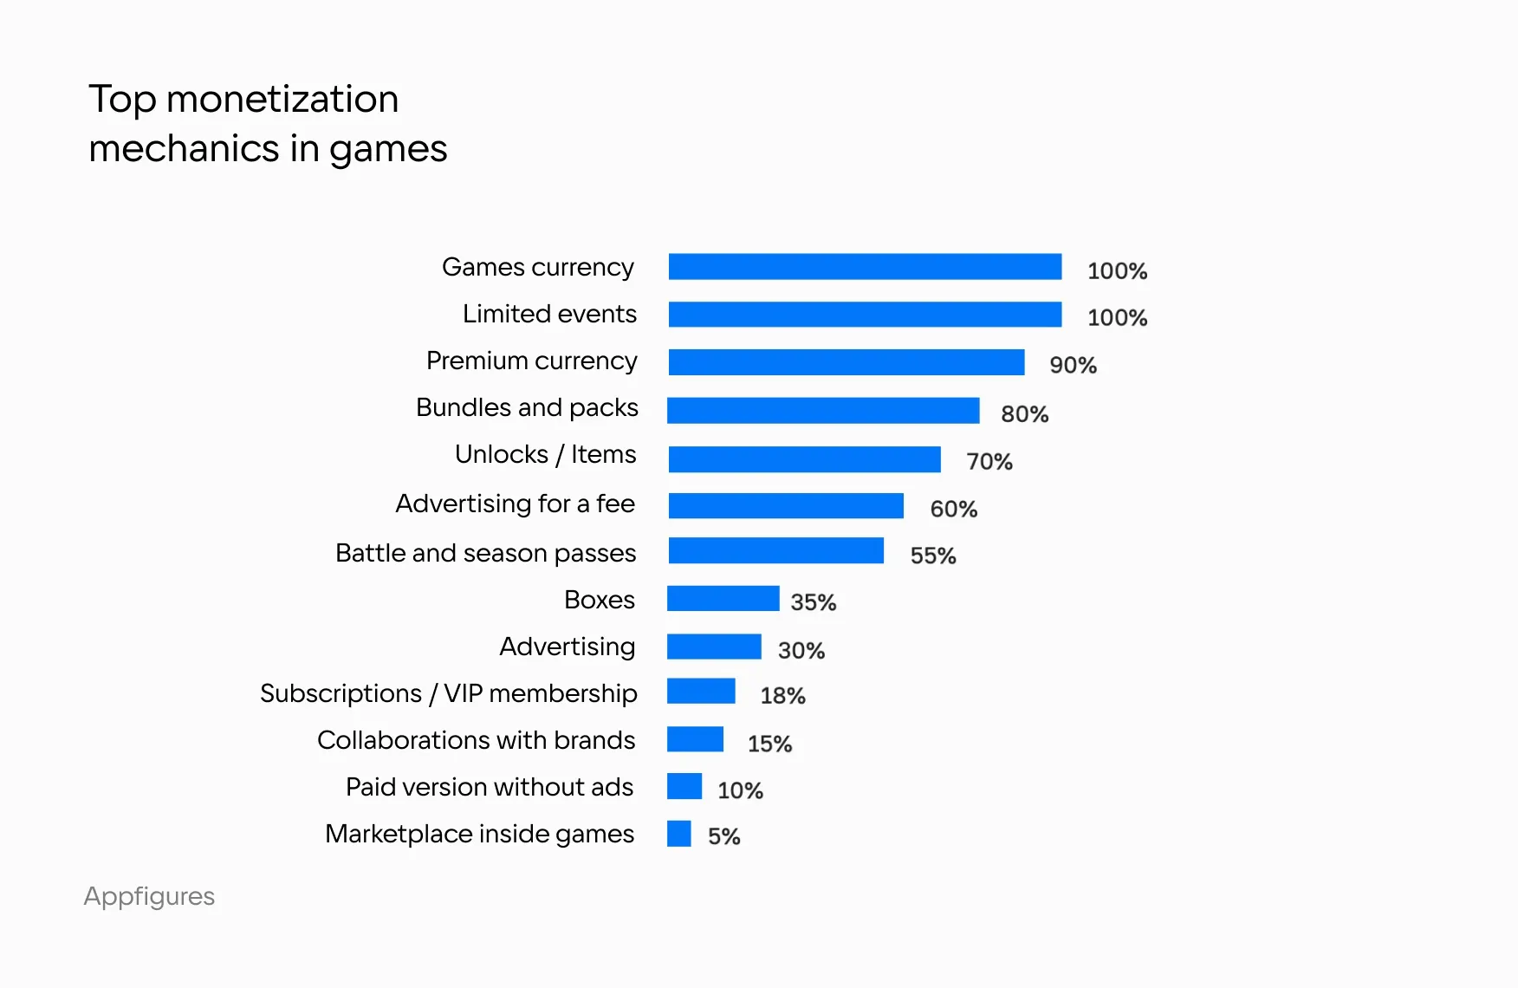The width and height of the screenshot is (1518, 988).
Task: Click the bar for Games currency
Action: [865, 267]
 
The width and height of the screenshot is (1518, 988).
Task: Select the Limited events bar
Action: [865, 315]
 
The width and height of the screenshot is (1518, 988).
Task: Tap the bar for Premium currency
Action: [847, 362]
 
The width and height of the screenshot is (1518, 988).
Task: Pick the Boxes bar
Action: [723, 599]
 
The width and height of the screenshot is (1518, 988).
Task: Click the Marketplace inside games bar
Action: [679, 834]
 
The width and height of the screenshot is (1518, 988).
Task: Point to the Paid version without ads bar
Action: [684, 786]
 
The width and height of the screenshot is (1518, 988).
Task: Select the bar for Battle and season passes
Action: [776, 550]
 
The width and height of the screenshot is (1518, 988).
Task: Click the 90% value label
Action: [1073, 365]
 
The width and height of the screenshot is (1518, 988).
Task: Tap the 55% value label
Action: [933, 556]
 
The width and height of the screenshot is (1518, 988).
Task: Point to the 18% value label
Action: [782, 695]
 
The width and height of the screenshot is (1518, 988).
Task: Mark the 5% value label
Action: [724, 836]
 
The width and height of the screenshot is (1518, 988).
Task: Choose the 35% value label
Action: [814, 602]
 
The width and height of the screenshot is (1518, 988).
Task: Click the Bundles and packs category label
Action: [527, 407]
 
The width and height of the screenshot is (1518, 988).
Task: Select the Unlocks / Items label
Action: [546, 454]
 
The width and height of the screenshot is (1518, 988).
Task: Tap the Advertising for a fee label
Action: [516, 504]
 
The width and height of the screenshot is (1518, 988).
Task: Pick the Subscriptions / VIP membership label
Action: [449, 693]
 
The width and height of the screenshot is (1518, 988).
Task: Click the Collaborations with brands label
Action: [477, 740]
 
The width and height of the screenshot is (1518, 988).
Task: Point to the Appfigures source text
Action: [149, 896]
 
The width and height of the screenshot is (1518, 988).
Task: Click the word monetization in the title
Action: [282, 99]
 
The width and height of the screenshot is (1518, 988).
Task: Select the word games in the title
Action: [388, 150]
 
